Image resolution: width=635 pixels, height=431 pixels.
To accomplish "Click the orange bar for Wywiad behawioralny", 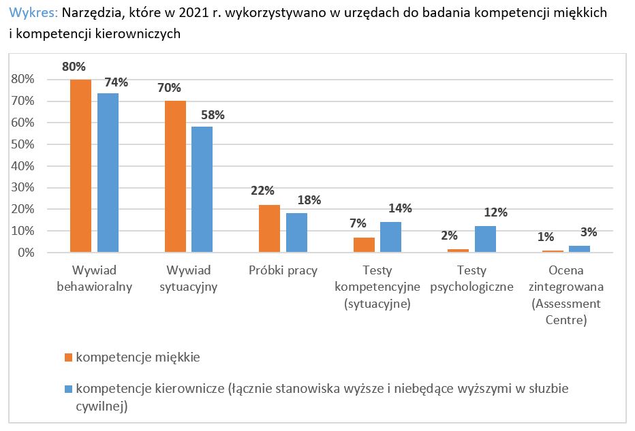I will coord(80,166).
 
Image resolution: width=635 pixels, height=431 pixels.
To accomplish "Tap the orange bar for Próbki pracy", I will coord(270,229).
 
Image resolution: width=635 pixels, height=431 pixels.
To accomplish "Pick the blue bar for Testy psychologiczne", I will coord(485,239).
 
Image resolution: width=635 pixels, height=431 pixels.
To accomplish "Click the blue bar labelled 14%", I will coord(390,237).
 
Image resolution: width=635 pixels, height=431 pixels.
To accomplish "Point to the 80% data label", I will coord(74,67).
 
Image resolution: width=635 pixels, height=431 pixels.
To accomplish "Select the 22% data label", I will coord(262,191).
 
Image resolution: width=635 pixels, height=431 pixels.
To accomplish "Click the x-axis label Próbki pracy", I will coord(283,270).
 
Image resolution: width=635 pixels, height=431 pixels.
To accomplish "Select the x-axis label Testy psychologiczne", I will coord(471,278).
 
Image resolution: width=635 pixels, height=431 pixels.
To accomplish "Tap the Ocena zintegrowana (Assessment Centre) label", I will coord(566,295).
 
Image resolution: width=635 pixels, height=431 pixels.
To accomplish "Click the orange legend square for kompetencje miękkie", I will coord(67,357).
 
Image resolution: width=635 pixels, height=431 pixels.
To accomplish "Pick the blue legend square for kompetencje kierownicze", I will coord(67,389).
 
